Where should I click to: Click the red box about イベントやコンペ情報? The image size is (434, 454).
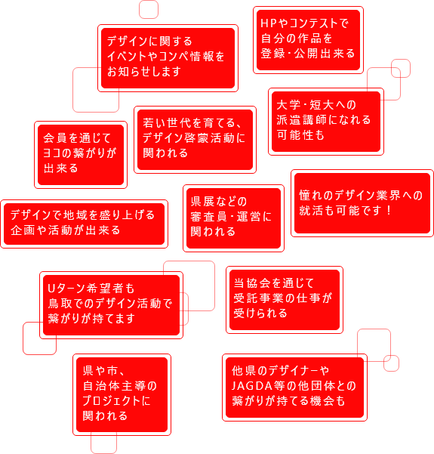coord(162,57)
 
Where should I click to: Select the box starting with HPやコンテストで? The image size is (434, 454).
coord(308,39)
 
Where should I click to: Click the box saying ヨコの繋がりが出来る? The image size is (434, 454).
coord(80,154)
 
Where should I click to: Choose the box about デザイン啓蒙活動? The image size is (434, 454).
coord(195,138)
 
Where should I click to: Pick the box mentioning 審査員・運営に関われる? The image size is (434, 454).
coord(233,218)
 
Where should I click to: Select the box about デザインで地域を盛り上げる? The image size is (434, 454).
coord(83,223)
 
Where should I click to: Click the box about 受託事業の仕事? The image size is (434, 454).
coord(284,298)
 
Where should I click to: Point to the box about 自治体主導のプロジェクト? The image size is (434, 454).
coord(121,394)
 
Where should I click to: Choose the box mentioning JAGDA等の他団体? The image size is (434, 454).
coord(295,387)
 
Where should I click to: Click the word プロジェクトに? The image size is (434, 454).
coord(117,401)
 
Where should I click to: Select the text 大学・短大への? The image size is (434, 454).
coord(315,105)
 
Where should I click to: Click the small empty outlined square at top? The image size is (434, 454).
coord(149,9)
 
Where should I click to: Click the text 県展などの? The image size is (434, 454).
coord(219,201)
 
